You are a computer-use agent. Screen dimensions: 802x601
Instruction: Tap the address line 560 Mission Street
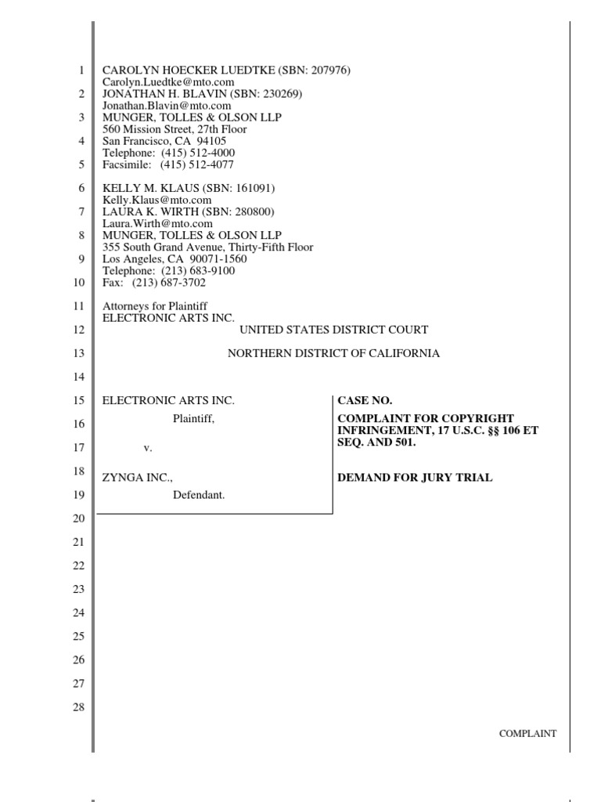click(x=175, y=129)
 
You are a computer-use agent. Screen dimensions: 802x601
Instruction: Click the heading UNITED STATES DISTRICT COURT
click(x=334, y=330)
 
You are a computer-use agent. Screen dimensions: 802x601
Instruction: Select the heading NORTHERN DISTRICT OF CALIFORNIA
click(x=333, y=353)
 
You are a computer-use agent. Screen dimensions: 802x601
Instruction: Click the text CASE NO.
click(x=359, y=400)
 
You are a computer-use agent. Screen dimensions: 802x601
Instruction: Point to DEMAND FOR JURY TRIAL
click(x=415, y=478)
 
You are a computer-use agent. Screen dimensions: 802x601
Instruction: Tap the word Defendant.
click(x=199, y=495)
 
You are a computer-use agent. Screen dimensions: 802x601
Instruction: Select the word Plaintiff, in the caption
click(x=193, y=419)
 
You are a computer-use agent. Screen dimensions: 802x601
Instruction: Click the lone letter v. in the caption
click(x=147, y=448)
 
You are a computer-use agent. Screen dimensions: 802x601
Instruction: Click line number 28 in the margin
click(x=77, y=707)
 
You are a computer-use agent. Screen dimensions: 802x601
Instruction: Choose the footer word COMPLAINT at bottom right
click(x=528, y=734)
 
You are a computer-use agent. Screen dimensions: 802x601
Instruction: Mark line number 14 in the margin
click(x=77, y=377)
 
